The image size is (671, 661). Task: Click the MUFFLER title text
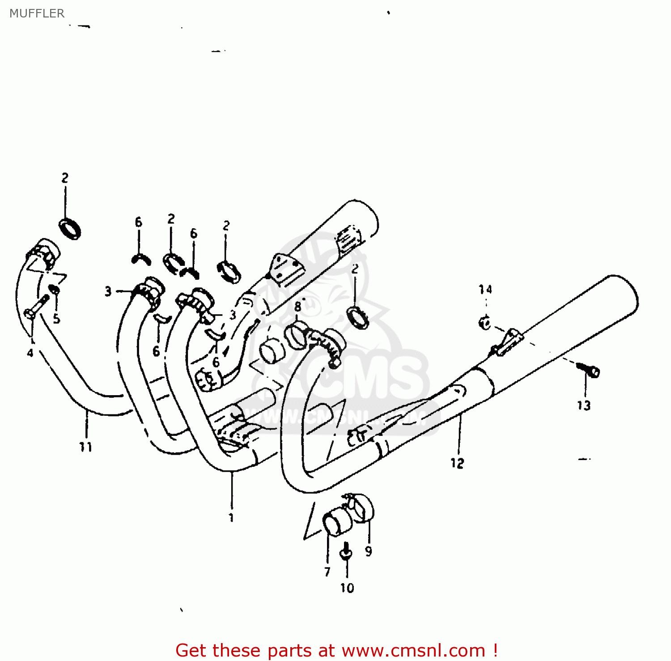[37, 13]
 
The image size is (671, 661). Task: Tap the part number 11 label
[85, 447]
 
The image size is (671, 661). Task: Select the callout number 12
[457, 463]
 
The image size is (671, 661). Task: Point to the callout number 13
[584, 405]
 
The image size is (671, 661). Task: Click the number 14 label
[485, 290]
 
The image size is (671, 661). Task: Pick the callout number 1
[231, 518]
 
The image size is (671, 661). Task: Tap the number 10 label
[347, 588]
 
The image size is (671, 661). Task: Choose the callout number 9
[368, 551]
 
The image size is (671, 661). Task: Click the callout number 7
[327, 571]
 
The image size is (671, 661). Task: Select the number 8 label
[298, 307]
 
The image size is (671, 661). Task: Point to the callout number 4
[30, 353]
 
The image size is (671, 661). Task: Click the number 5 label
[56, 319]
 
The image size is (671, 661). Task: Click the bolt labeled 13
[590, 370]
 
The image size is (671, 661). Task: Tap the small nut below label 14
[484, 322]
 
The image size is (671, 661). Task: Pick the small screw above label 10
[346, 552]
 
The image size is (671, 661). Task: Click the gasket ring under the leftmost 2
[70, 228]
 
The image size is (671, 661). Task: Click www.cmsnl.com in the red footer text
[413, 650]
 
